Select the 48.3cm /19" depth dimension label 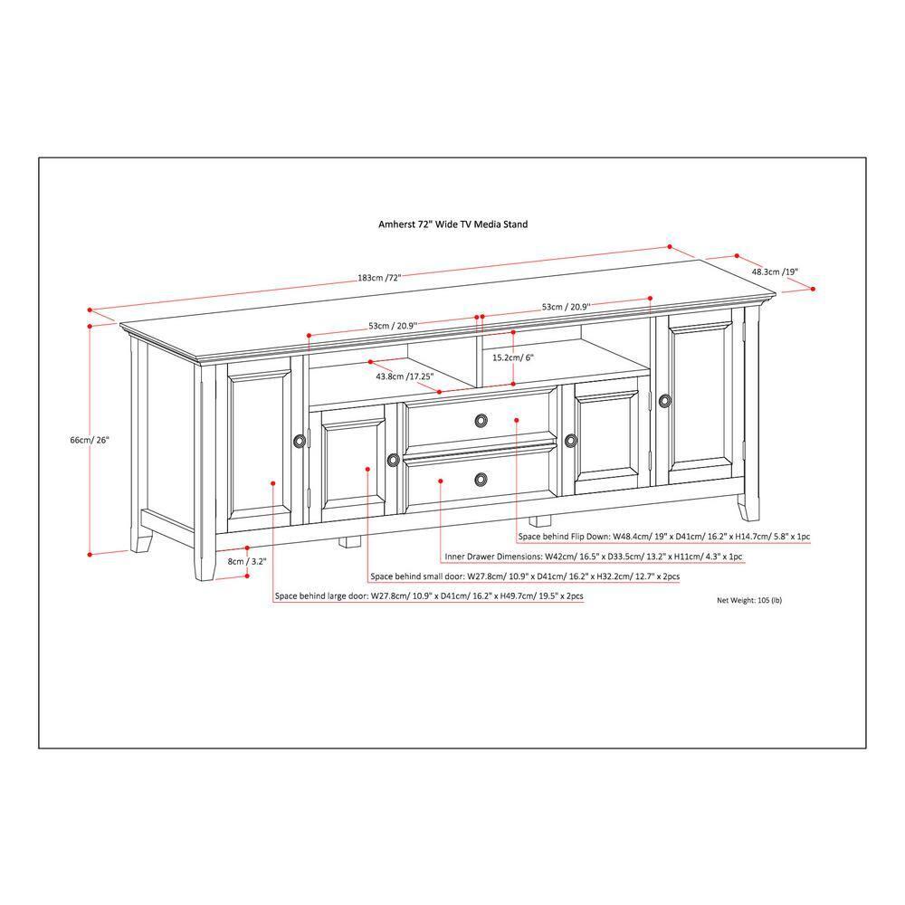click(x=775, y=271)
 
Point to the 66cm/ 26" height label click(x=90, y=440)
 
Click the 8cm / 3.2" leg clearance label click(x=247, y=561)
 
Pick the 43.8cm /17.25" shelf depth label click(x=404, y=376)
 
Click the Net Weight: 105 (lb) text click(x=749, y=600)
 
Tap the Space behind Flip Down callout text click(x=664, y=537)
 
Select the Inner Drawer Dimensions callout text click(x=594, y=557)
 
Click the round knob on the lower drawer click(x=481, y=478)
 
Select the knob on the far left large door click(x=300, y=441)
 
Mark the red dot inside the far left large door click(x=273, y=483)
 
